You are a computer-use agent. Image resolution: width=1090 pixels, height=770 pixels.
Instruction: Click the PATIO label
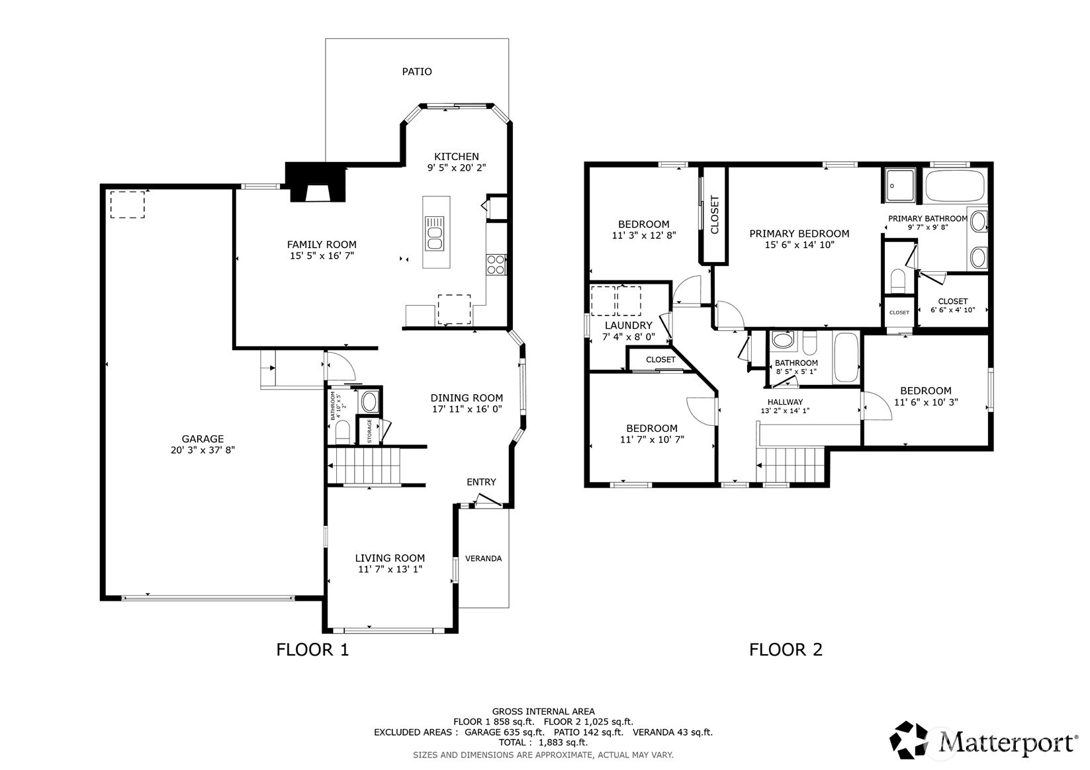click(x=416, y=71)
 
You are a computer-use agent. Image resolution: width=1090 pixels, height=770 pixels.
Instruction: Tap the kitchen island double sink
click(x=435, y=234)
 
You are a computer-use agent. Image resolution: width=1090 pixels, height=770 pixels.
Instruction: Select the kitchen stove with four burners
click(x=496, y=265)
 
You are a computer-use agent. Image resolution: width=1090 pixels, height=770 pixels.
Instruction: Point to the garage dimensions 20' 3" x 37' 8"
click(x=203, y=450)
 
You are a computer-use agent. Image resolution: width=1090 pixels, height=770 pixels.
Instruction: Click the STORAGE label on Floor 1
click(x=369, y=431)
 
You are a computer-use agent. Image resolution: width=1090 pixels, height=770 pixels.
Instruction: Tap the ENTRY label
click(x=481, y=482)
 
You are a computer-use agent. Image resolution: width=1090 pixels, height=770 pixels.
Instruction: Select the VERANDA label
click(x=483, y=558)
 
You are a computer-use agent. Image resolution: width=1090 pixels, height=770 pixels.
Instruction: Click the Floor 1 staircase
click(x=363, y=466)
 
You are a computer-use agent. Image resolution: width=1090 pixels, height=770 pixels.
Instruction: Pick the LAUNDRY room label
click(x=628, y=325)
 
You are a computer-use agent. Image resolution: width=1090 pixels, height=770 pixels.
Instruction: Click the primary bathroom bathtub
click(x=955, y=185)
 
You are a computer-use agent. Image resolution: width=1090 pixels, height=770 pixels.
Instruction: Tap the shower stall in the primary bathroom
click(x=900, y=185)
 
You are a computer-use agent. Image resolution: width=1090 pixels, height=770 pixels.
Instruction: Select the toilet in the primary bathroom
click(x=898, y=280)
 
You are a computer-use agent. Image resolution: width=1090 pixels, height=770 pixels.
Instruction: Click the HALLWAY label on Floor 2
click(x=785, y=402)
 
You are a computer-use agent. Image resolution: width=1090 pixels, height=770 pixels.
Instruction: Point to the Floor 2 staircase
click(x=791, y=464)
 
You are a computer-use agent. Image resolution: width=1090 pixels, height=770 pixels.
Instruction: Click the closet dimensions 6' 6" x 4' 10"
click(x=953, y=310)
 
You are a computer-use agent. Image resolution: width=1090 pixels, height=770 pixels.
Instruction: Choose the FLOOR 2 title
click(x=786, y=650)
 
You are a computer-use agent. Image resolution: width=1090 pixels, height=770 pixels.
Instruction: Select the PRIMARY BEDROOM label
click(x=799, y=234)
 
